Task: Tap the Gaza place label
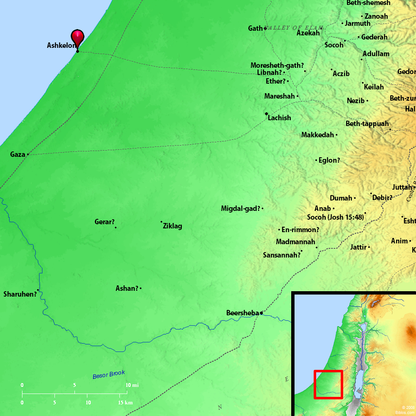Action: click(x=17, y=155)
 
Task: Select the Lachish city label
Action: click(x=279, y=118)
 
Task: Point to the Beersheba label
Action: click(x=243, y=313)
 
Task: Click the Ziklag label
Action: click(x=172, y=226)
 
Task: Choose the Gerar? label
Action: click(x=104, y=222)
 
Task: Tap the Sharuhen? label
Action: click(x=20, y=294)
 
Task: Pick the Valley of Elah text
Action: click(x=294, y=28)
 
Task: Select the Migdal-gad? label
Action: click(x=240, y=208)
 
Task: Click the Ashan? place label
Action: click(x=127, y=288)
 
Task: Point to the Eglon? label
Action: click(x=329, y=160)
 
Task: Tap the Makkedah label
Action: click(x=317, y=135)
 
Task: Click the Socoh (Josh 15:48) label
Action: click(x=335, y=217)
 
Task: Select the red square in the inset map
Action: click(x=328, y=384)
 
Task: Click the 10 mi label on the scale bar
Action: click(x=132, y=385)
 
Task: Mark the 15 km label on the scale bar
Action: click(x=125, y=403)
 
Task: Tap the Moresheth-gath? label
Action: click(x=277, y=66)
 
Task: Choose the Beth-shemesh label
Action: click(x=368, y=3)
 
